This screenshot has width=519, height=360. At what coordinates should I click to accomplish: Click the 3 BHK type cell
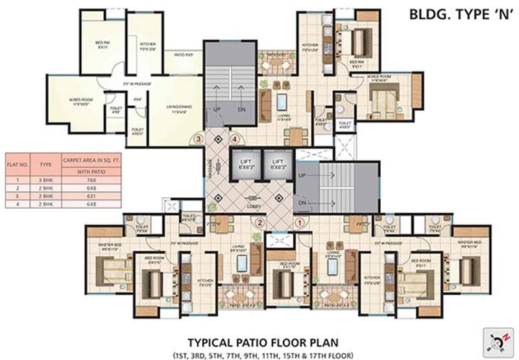pyautogui.click(x=47, y=180)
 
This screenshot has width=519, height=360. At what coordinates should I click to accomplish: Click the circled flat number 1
pyautogui.click(x=299, y=222)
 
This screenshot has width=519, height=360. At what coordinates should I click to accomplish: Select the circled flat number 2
pyautogui.click(x=259, y=222)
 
